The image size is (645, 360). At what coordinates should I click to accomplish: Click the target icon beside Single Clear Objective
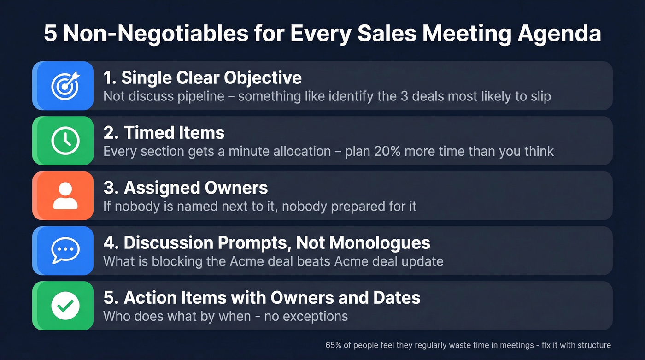coord(65,86)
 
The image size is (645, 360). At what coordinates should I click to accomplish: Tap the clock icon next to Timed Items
coord(65,141)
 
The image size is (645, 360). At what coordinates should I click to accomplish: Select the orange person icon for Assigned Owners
coord(65,195)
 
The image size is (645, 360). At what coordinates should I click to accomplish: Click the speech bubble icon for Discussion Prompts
coord(65,250)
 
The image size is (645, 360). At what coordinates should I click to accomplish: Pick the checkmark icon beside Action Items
coord(65,305)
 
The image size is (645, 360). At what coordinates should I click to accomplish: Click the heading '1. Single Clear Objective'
coord(202,78)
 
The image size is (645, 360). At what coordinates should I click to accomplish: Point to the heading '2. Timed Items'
coord(164,133)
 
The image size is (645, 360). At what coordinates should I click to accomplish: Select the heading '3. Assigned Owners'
coord(185,188)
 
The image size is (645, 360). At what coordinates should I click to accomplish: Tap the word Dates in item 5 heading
coord(398,297)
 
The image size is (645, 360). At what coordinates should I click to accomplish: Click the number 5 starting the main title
coord(50,35)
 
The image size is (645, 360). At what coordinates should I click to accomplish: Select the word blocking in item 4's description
coord(161,261)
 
